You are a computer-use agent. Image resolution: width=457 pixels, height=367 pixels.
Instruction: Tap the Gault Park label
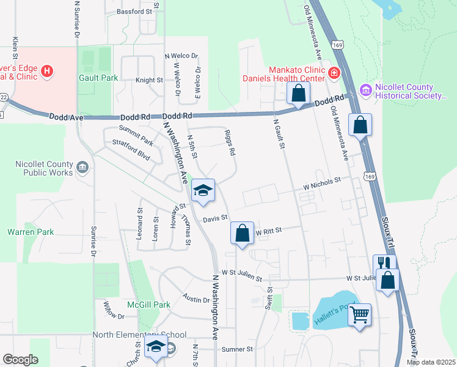[98, 78]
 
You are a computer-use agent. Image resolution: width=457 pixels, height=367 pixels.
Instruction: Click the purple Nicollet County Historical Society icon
[366, 91]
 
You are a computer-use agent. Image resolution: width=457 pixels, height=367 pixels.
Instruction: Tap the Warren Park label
[31, 232]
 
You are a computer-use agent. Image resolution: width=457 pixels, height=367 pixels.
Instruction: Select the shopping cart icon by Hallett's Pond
[360, 315]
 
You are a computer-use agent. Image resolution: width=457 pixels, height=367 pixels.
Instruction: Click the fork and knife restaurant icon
[384, 264]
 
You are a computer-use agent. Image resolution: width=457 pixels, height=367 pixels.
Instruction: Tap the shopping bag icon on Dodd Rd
[299, 94]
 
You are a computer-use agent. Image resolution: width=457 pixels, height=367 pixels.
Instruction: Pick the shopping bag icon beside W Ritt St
[243, 233]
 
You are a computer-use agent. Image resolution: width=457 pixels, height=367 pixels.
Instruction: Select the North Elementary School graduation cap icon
[156, 347]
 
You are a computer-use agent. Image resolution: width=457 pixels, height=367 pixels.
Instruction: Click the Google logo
[21, 360]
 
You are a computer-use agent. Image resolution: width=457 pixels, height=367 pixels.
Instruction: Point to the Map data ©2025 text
[430, 362]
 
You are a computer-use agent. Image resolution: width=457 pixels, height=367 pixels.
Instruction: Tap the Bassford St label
[134, 12]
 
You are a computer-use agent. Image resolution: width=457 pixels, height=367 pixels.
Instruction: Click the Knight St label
[149, 80]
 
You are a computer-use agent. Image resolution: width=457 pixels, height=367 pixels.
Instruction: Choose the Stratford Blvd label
[131, 149]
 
